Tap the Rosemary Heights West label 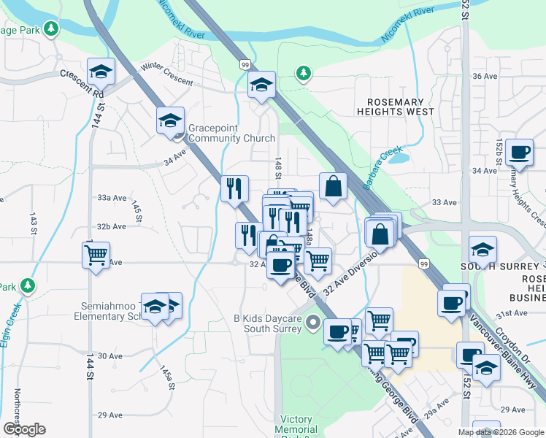[x=395, y=107]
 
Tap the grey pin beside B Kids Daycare [x=314, y=321]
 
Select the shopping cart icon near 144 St [x=96, y=255]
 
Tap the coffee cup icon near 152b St [x=519, y=152]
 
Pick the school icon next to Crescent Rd [x=101, y=71]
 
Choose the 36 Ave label [x=485, y=76]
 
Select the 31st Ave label [x=511, y=313]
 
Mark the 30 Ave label [x=110, y=356]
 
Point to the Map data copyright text [x=501, y=432]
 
